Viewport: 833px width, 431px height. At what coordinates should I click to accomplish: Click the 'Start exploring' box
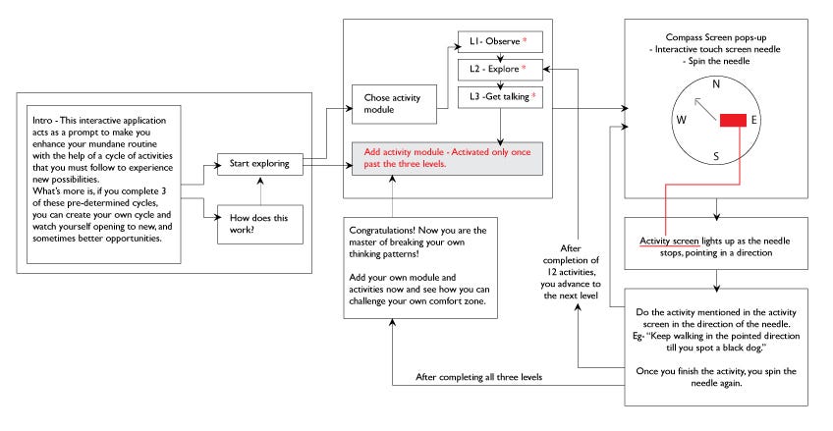[260, 164]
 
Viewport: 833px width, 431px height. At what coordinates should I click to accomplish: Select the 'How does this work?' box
[260, 225]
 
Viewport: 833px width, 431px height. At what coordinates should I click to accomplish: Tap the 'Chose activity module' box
[394, 104]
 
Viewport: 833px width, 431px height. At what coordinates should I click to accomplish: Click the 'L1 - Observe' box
[500, 42]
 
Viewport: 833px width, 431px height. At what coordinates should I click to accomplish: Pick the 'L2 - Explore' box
[500, 70]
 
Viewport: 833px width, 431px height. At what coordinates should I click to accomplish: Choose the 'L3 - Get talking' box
[500, 97]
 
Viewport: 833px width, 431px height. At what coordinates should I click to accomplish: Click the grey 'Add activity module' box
[447, 158]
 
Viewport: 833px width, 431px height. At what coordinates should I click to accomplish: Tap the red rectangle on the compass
[733, 121]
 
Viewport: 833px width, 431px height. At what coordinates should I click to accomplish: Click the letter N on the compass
[716, 83]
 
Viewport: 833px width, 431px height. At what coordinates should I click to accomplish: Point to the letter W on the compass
[682, 120]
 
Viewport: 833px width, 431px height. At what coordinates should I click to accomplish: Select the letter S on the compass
[716, 156]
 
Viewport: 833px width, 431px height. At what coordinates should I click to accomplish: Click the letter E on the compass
[753, 120]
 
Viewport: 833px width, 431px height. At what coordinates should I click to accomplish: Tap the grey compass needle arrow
[705, 110]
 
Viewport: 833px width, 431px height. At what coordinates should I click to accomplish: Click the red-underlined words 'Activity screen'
[669, 241]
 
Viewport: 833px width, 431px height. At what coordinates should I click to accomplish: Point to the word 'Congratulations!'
[382, 231]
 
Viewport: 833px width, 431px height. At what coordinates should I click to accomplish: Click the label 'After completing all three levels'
[479, 377]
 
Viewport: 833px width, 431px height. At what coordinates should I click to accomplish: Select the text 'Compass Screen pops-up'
[716, 37]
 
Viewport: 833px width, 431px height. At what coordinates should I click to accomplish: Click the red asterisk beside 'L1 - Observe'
[525, 40]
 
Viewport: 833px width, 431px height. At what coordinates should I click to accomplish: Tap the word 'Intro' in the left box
[42, 121]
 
